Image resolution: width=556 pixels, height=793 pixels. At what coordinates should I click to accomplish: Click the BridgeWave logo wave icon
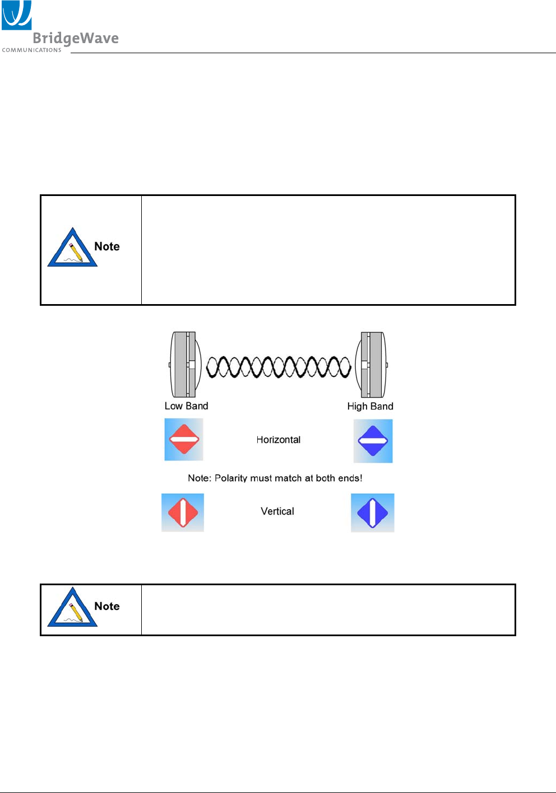pos(16,15)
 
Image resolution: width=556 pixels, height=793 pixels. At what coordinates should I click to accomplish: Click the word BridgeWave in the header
pos(76,38)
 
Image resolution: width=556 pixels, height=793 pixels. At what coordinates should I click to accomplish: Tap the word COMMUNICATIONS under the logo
pos(31,50)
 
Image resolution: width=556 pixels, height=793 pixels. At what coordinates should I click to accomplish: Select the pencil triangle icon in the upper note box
pos(72,248)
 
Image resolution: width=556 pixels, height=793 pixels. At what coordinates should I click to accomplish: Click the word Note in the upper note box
pos(106,246)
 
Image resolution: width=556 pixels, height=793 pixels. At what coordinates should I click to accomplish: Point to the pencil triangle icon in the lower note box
pos(72,608)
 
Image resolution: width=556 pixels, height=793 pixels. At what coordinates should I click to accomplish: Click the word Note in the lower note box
pos(106,606)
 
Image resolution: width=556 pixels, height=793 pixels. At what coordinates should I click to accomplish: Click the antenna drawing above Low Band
pos(184,364)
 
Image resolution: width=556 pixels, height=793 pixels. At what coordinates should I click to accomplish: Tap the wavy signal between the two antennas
pos(279,367)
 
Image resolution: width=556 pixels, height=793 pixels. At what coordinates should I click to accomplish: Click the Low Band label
pos(186,406)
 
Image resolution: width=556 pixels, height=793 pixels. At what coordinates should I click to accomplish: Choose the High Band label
pos(370,406)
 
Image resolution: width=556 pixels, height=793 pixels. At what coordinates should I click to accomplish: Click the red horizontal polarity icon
pos(184,440)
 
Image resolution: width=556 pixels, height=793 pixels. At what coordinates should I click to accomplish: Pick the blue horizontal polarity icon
pos(373,441)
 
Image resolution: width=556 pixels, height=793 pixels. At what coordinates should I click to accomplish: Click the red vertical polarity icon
pos(183,512)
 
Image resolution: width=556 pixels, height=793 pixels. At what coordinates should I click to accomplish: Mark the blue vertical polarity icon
pos(373,512)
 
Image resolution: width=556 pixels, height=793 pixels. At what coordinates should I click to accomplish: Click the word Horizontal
pos(279,440)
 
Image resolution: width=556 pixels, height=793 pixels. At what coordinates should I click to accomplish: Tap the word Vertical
pos(277,511)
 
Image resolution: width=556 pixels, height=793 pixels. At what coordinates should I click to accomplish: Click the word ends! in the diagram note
pos(350,478)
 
